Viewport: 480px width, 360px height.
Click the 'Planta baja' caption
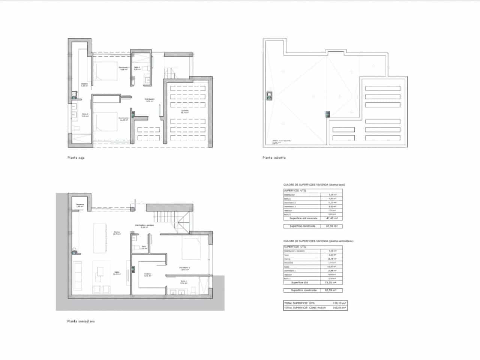(76, 158)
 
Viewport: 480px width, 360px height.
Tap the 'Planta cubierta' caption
(274, 158)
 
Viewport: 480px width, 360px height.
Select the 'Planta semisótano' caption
(81, 321)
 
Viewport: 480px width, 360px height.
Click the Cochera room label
(185, 111)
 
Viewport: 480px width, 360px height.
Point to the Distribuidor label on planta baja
(150, 100)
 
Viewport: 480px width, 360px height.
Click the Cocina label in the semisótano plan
(117, 232)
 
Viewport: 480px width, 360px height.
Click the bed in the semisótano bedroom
(195, 247)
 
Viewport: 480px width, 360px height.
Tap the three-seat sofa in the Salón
(78, 276)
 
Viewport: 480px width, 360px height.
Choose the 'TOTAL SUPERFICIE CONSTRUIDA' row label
(305, 307)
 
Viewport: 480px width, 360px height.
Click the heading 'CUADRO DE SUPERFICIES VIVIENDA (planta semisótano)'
(318, 241)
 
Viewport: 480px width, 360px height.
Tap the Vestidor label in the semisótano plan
(147, 274)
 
